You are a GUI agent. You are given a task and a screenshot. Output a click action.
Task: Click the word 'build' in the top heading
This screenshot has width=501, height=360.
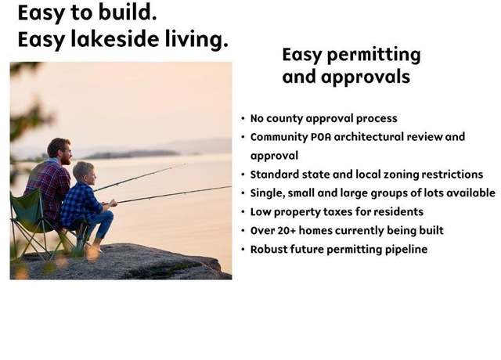127,13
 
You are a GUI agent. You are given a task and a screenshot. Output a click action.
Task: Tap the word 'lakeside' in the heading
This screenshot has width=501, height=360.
115,39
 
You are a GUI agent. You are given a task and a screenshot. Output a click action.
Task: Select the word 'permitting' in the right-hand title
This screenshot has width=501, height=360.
373,56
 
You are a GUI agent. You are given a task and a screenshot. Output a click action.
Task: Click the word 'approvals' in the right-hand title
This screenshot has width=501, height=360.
366,77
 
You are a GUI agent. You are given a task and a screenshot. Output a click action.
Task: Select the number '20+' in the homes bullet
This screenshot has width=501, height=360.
287,231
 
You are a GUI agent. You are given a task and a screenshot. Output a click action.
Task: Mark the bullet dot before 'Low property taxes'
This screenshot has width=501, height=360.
243,212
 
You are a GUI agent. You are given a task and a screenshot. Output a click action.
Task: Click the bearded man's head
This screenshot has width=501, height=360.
59,151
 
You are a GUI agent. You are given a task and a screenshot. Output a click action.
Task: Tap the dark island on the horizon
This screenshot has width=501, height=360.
131,155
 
